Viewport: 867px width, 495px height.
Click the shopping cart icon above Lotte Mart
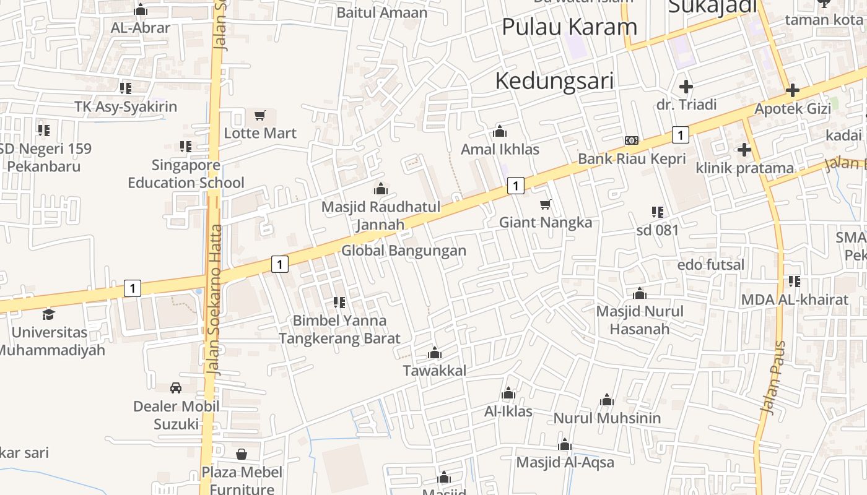pos(260,116)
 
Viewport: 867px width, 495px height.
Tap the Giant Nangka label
pos(546,222)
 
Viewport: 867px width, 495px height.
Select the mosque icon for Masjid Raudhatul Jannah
pos(380,189)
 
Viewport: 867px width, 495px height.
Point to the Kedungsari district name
pos(554,81)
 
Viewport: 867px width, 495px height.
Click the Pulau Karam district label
pos(569,27)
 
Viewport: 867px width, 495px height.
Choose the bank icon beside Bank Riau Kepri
pos(632,140)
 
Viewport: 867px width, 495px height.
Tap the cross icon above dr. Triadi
pos(686,87)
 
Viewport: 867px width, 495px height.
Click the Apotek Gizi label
pos(792,109)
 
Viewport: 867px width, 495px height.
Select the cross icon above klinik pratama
pos(744,150)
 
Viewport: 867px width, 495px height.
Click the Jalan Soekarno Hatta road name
pos(216,300)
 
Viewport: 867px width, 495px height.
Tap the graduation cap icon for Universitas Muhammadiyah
pos(48,314)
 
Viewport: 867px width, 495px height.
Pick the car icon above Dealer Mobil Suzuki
pos(176,388)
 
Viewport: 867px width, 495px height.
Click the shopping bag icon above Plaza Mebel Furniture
pos(242,454)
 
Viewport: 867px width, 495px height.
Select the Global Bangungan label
pos(404,251)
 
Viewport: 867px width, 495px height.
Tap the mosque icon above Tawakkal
pos(435,353)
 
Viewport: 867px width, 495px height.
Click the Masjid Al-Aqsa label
pos(565,462)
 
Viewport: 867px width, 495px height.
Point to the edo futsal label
pos(711,265)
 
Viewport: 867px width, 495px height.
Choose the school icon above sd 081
pos(658,212)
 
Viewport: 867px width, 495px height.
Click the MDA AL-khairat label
pos(795,300)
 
